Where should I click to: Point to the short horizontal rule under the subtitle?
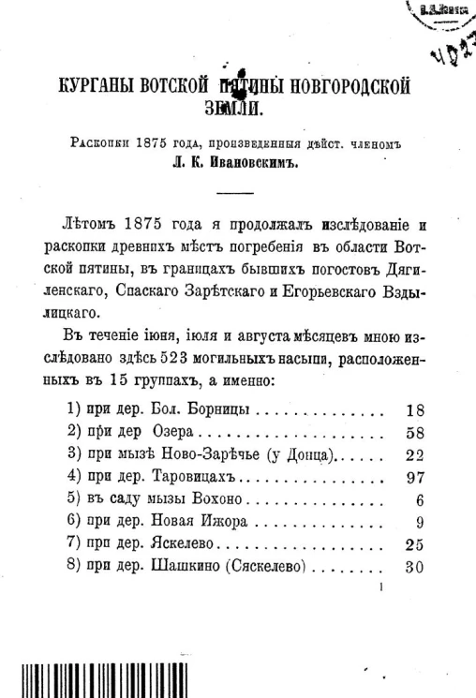(234, 193)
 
